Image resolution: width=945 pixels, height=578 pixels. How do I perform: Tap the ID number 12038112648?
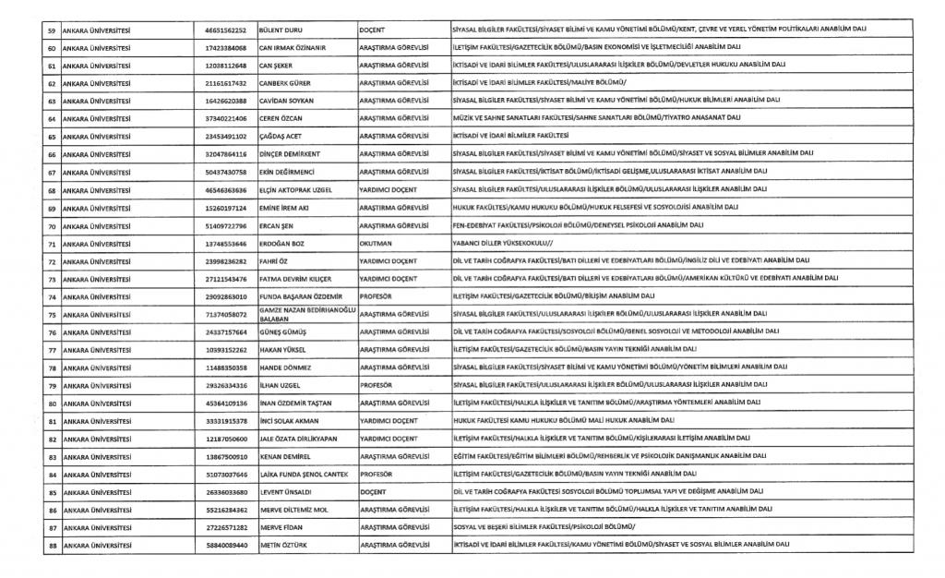pos(226,66)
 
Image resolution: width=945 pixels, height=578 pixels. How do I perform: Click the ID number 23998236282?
pos(226,261)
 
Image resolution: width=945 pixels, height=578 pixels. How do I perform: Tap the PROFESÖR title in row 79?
pos(377,385)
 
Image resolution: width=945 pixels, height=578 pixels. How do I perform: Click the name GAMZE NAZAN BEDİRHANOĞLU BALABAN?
pos(306,314)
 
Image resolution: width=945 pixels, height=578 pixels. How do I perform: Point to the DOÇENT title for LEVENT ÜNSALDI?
pos(374,492)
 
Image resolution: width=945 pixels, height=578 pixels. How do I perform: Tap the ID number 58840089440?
pos(226,545)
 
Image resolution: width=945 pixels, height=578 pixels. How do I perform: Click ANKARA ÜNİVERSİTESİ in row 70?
pos(96,225)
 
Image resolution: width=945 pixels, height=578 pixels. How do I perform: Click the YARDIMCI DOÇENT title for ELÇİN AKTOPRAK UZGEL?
pos(389,190)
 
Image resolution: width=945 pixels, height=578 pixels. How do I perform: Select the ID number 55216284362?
pos(226,510)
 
